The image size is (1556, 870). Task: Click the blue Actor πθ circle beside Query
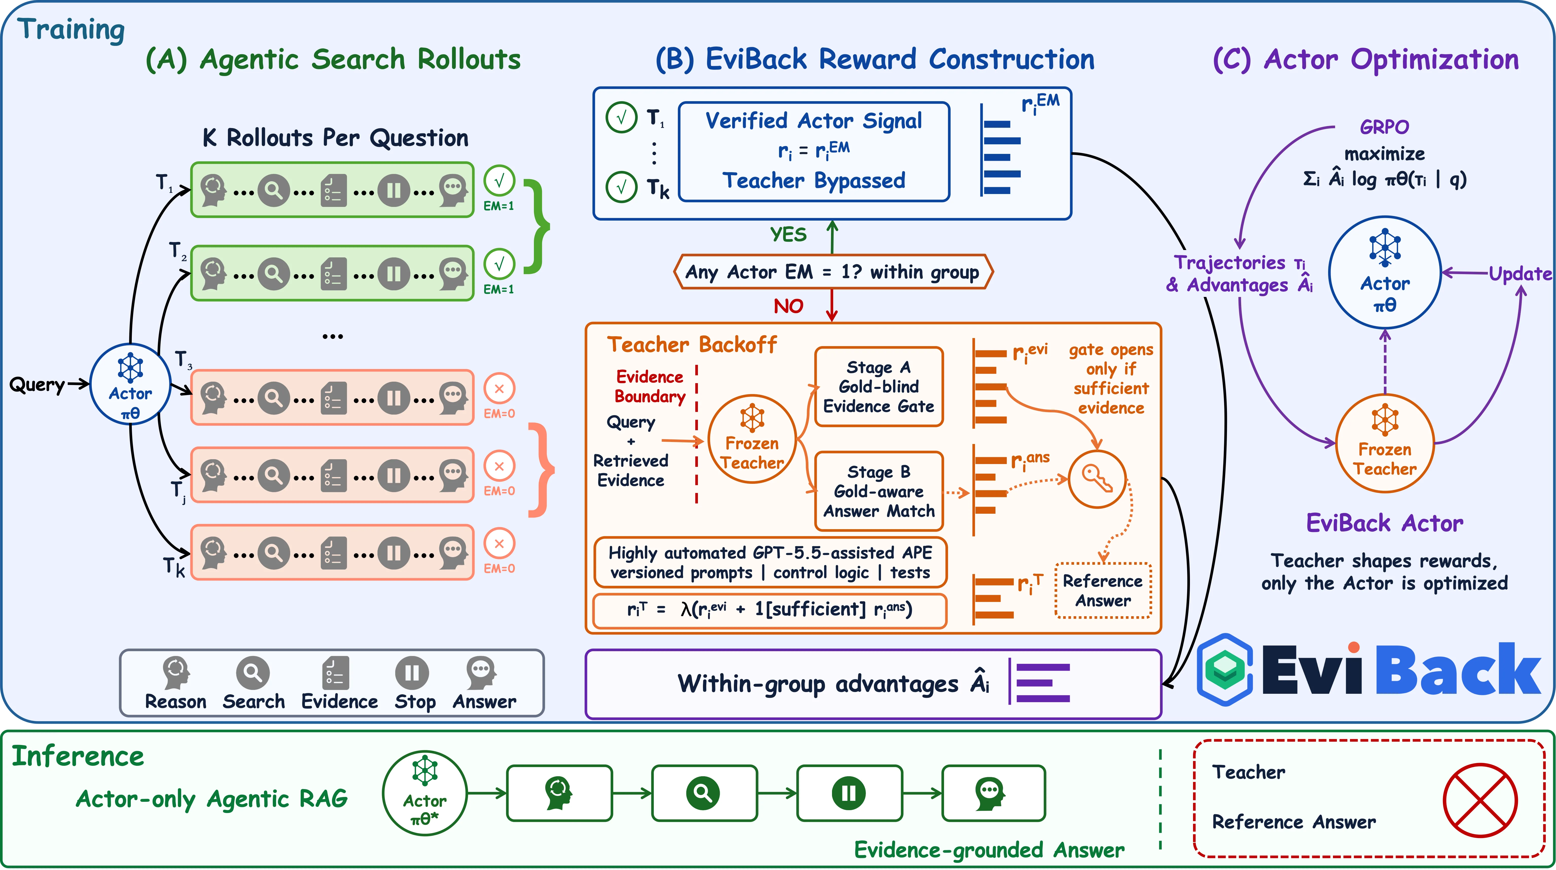(x=131, y=384)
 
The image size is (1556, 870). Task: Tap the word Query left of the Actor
(x=37, y=385)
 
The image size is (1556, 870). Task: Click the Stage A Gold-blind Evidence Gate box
(x=879, y=387)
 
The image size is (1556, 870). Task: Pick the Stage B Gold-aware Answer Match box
(x=879, y=491)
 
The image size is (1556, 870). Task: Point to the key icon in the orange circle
(x=1097, y=479)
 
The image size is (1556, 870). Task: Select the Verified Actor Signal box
(x=814, y=151)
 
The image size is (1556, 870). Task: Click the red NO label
(x=788, y=306)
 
